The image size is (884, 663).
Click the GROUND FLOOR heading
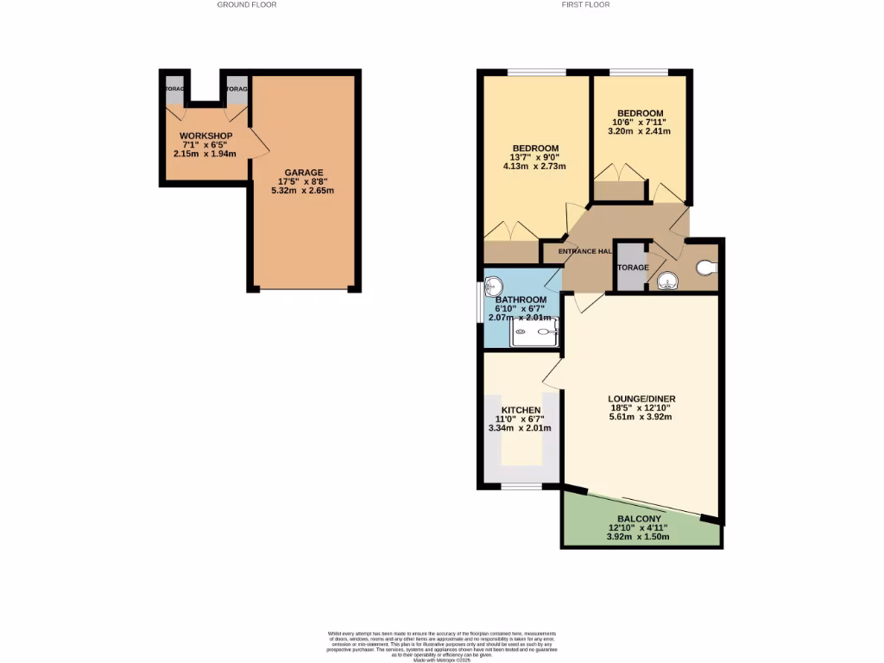(x=247, y=5)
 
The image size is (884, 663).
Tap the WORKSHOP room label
(x=205, y=136)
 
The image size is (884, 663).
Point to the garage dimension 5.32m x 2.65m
(x=301, y=191)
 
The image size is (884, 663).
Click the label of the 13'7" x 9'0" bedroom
(x=534, y=148)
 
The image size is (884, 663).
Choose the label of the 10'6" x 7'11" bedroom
(x=640, y=114)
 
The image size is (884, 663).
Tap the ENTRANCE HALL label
(x=585, y=251)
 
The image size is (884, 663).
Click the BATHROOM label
(x=521, y=300)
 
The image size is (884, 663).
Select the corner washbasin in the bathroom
(x=494, y=286)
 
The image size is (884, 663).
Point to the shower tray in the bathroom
(x=534, y=331)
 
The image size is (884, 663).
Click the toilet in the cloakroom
(x=706, y=268)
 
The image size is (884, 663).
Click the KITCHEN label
(x=521, y=410)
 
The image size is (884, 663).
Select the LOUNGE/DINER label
(x=640, y=399)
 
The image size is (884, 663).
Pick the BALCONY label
(x=640, y=519)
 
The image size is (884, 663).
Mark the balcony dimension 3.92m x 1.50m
(x=640, y=537)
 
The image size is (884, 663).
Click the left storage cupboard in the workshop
(x=174, y=89)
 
